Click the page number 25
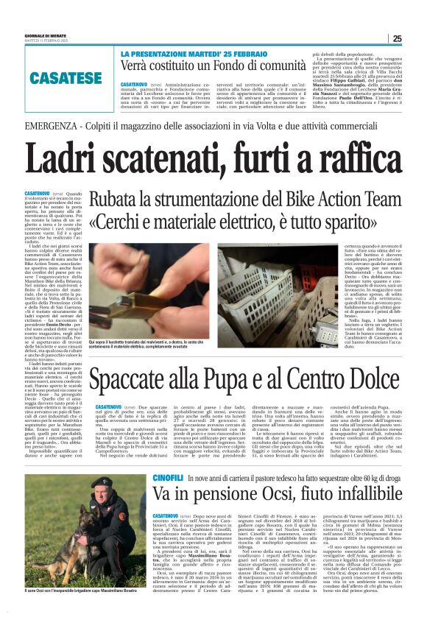tap(397, 39)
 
